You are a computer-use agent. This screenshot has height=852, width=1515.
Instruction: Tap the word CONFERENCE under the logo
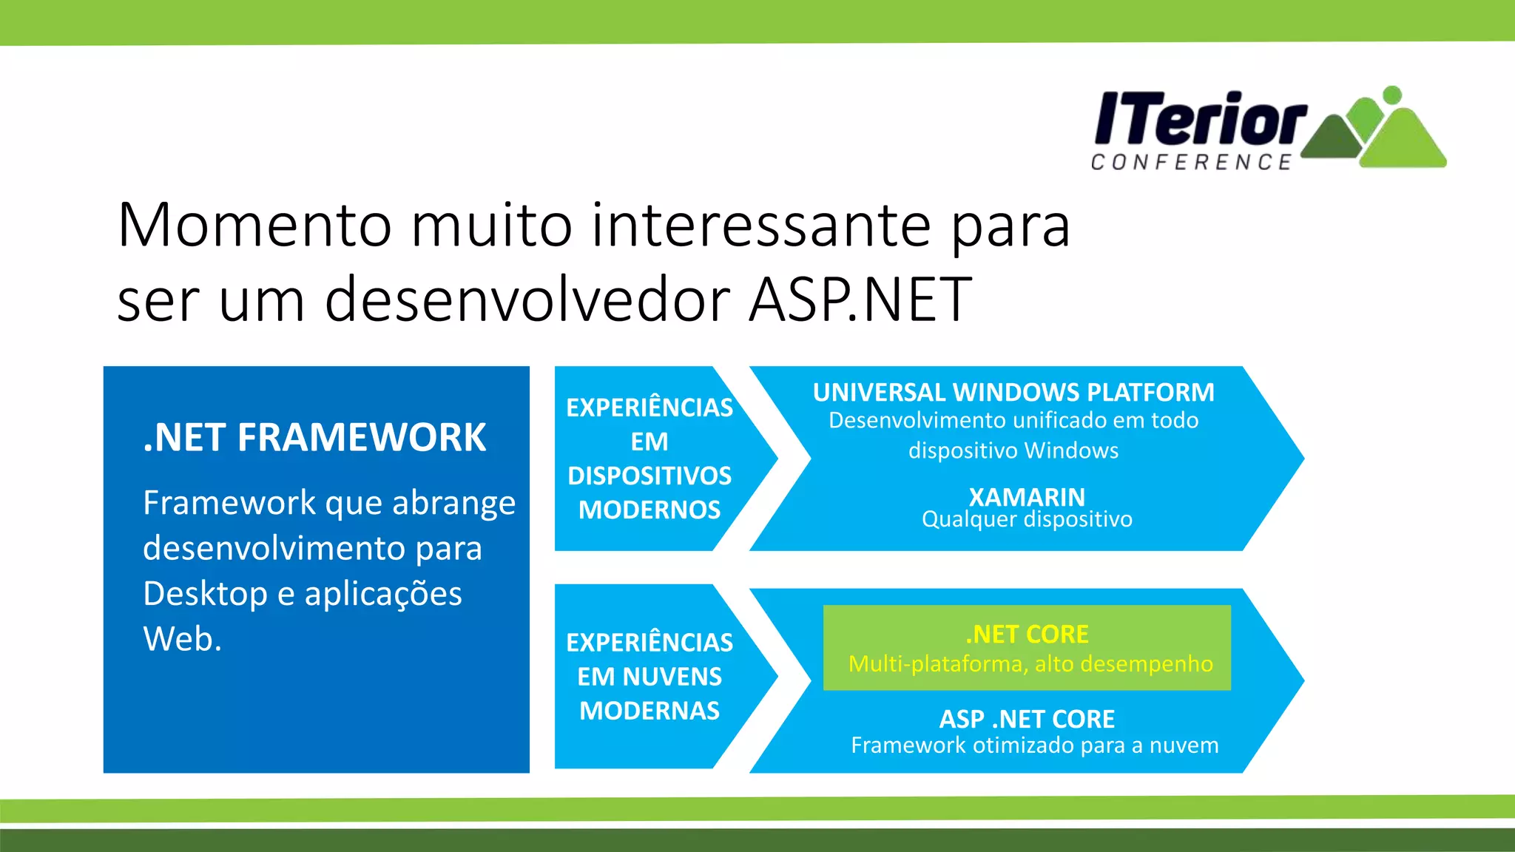click(1191, 162)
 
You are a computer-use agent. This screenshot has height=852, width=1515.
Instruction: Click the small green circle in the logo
click(1391, 95)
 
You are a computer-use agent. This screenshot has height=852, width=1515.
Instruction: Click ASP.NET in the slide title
click(860, 300)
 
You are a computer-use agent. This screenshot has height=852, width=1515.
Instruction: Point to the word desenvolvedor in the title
click(527, 300)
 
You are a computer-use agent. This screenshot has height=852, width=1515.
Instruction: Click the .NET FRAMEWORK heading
click(314, 437)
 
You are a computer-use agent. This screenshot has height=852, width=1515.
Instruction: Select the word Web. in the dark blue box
click(182, 639)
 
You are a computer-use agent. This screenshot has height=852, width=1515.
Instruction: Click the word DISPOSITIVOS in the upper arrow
click(649, 476)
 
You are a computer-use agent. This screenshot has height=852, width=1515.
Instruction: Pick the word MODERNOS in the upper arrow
click(649, 510)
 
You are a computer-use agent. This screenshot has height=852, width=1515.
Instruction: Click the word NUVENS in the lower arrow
click(672, 677)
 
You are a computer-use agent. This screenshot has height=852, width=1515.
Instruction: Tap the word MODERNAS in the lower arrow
click(649, 711)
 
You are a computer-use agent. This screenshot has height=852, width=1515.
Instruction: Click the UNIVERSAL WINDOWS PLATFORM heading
click(1013, 392)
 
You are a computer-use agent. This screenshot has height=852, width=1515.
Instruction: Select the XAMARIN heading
click(1027, 497)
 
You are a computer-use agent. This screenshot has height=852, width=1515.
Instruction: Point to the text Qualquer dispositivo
click(1027, 519)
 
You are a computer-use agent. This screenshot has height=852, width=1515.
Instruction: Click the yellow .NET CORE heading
click(1027, 635)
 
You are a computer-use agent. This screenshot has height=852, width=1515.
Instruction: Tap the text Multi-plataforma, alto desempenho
click(1030, 664)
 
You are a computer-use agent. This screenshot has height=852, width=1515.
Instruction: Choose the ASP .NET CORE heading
click(1027, 719)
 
